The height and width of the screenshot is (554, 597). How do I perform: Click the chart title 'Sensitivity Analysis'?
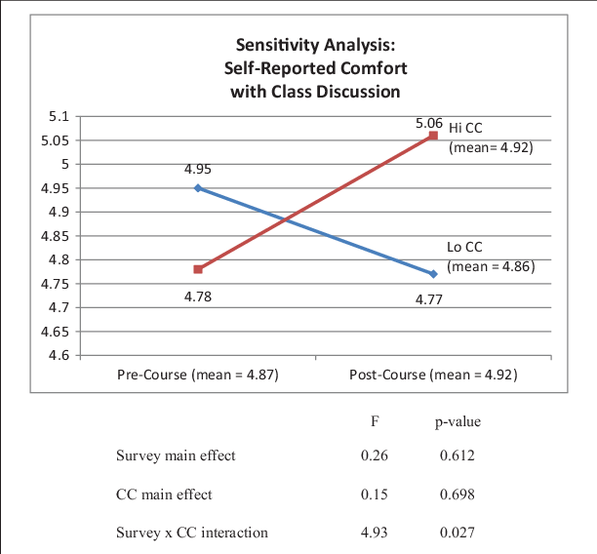315,46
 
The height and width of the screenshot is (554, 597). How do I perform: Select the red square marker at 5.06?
432,137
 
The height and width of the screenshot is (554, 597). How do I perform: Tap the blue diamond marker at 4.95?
198,187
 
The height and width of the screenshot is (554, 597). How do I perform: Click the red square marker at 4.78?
198,269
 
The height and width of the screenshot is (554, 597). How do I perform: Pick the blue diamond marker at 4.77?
432,274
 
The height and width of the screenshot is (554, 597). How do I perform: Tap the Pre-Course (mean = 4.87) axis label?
198,375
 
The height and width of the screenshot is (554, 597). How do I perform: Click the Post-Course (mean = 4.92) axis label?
433,375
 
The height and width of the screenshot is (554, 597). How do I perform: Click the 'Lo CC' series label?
465,248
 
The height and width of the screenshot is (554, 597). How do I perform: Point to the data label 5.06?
429,124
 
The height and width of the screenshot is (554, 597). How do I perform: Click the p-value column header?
458,422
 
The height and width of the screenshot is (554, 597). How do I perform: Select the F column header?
375,422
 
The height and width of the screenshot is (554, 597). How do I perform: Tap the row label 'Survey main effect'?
175,455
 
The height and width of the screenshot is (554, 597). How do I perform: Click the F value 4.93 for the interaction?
375,533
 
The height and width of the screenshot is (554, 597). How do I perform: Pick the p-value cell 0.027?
458,533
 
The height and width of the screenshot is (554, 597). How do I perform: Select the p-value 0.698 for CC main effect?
458,495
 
